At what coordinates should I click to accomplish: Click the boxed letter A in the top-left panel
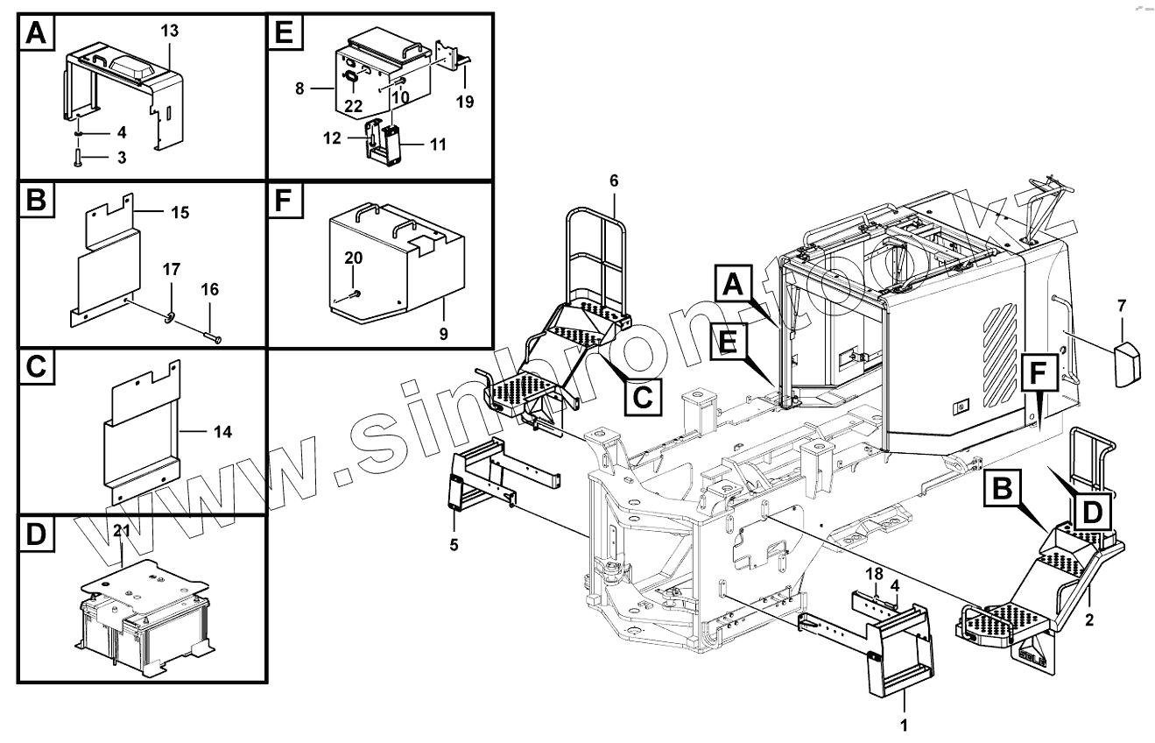click(x=35, y=34)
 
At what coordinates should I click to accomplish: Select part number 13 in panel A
click(x=169, y=31)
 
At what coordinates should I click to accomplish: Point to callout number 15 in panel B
click(x=180, y=213)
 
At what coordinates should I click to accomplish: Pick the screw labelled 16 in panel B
click(x=214, y=338)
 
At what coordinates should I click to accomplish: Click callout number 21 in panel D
click(x=121, y=531)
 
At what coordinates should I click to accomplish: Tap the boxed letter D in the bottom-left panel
click(x=35, y=535)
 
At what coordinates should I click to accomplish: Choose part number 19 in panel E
click(x=464, y=102)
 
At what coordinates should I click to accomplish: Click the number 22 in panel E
click(x=354, y=105)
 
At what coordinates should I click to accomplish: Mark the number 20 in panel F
click(x=353, y=258)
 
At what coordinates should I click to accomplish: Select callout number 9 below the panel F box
click(x=443, y=334)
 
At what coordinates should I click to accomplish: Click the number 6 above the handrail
click(x=613, y=180)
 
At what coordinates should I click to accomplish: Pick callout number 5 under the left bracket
click(x=454, y=545)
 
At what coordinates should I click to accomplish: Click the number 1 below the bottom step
click(x=904, y=725)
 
